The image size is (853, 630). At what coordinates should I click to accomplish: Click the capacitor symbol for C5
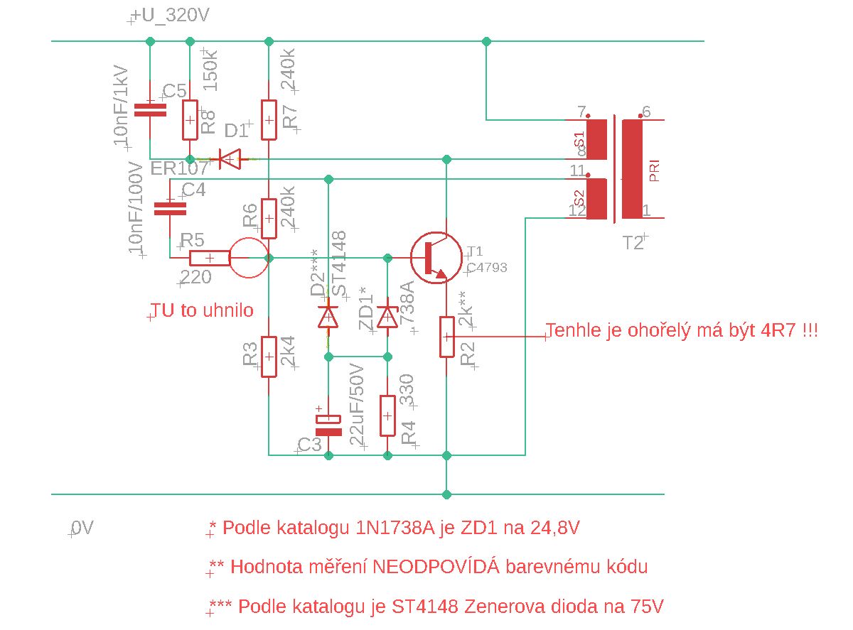[x=150, y=109]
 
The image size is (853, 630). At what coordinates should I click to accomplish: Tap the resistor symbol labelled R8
[x=190, y=119]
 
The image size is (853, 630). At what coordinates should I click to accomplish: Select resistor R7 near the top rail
[x=269, y=119]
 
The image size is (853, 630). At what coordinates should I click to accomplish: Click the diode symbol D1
[x=229, y=159]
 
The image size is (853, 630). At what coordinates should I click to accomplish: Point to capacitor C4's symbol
[x=170, y=208]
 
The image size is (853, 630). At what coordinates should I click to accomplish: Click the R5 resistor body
[x=210, y=259]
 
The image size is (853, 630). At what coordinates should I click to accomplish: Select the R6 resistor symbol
[x=269, y=218]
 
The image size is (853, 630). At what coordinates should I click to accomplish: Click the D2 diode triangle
[x=328, y=316]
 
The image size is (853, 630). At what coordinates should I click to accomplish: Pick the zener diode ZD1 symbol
[x=387, y=316]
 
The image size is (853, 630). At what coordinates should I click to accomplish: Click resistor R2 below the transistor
[x=446, y=337]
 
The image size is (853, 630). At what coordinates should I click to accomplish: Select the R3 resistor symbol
[x=269, y=356]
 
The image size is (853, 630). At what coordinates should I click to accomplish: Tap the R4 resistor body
[x=387, y=416]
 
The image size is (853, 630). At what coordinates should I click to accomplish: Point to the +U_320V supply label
[x=171, y=16]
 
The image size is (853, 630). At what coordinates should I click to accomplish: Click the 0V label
[x=82, y=528]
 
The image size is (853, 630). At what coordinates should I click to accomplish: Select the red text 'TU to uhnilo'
[x=201, y=310]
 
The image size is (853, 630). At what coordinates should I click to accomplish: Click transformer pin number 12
[x=576, y=210]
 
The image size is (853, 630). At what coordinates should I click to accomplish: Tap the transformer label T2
[x=633, y=243]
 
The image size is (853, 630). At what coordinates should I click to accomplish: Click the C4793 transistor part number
[x=487, y=268]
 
